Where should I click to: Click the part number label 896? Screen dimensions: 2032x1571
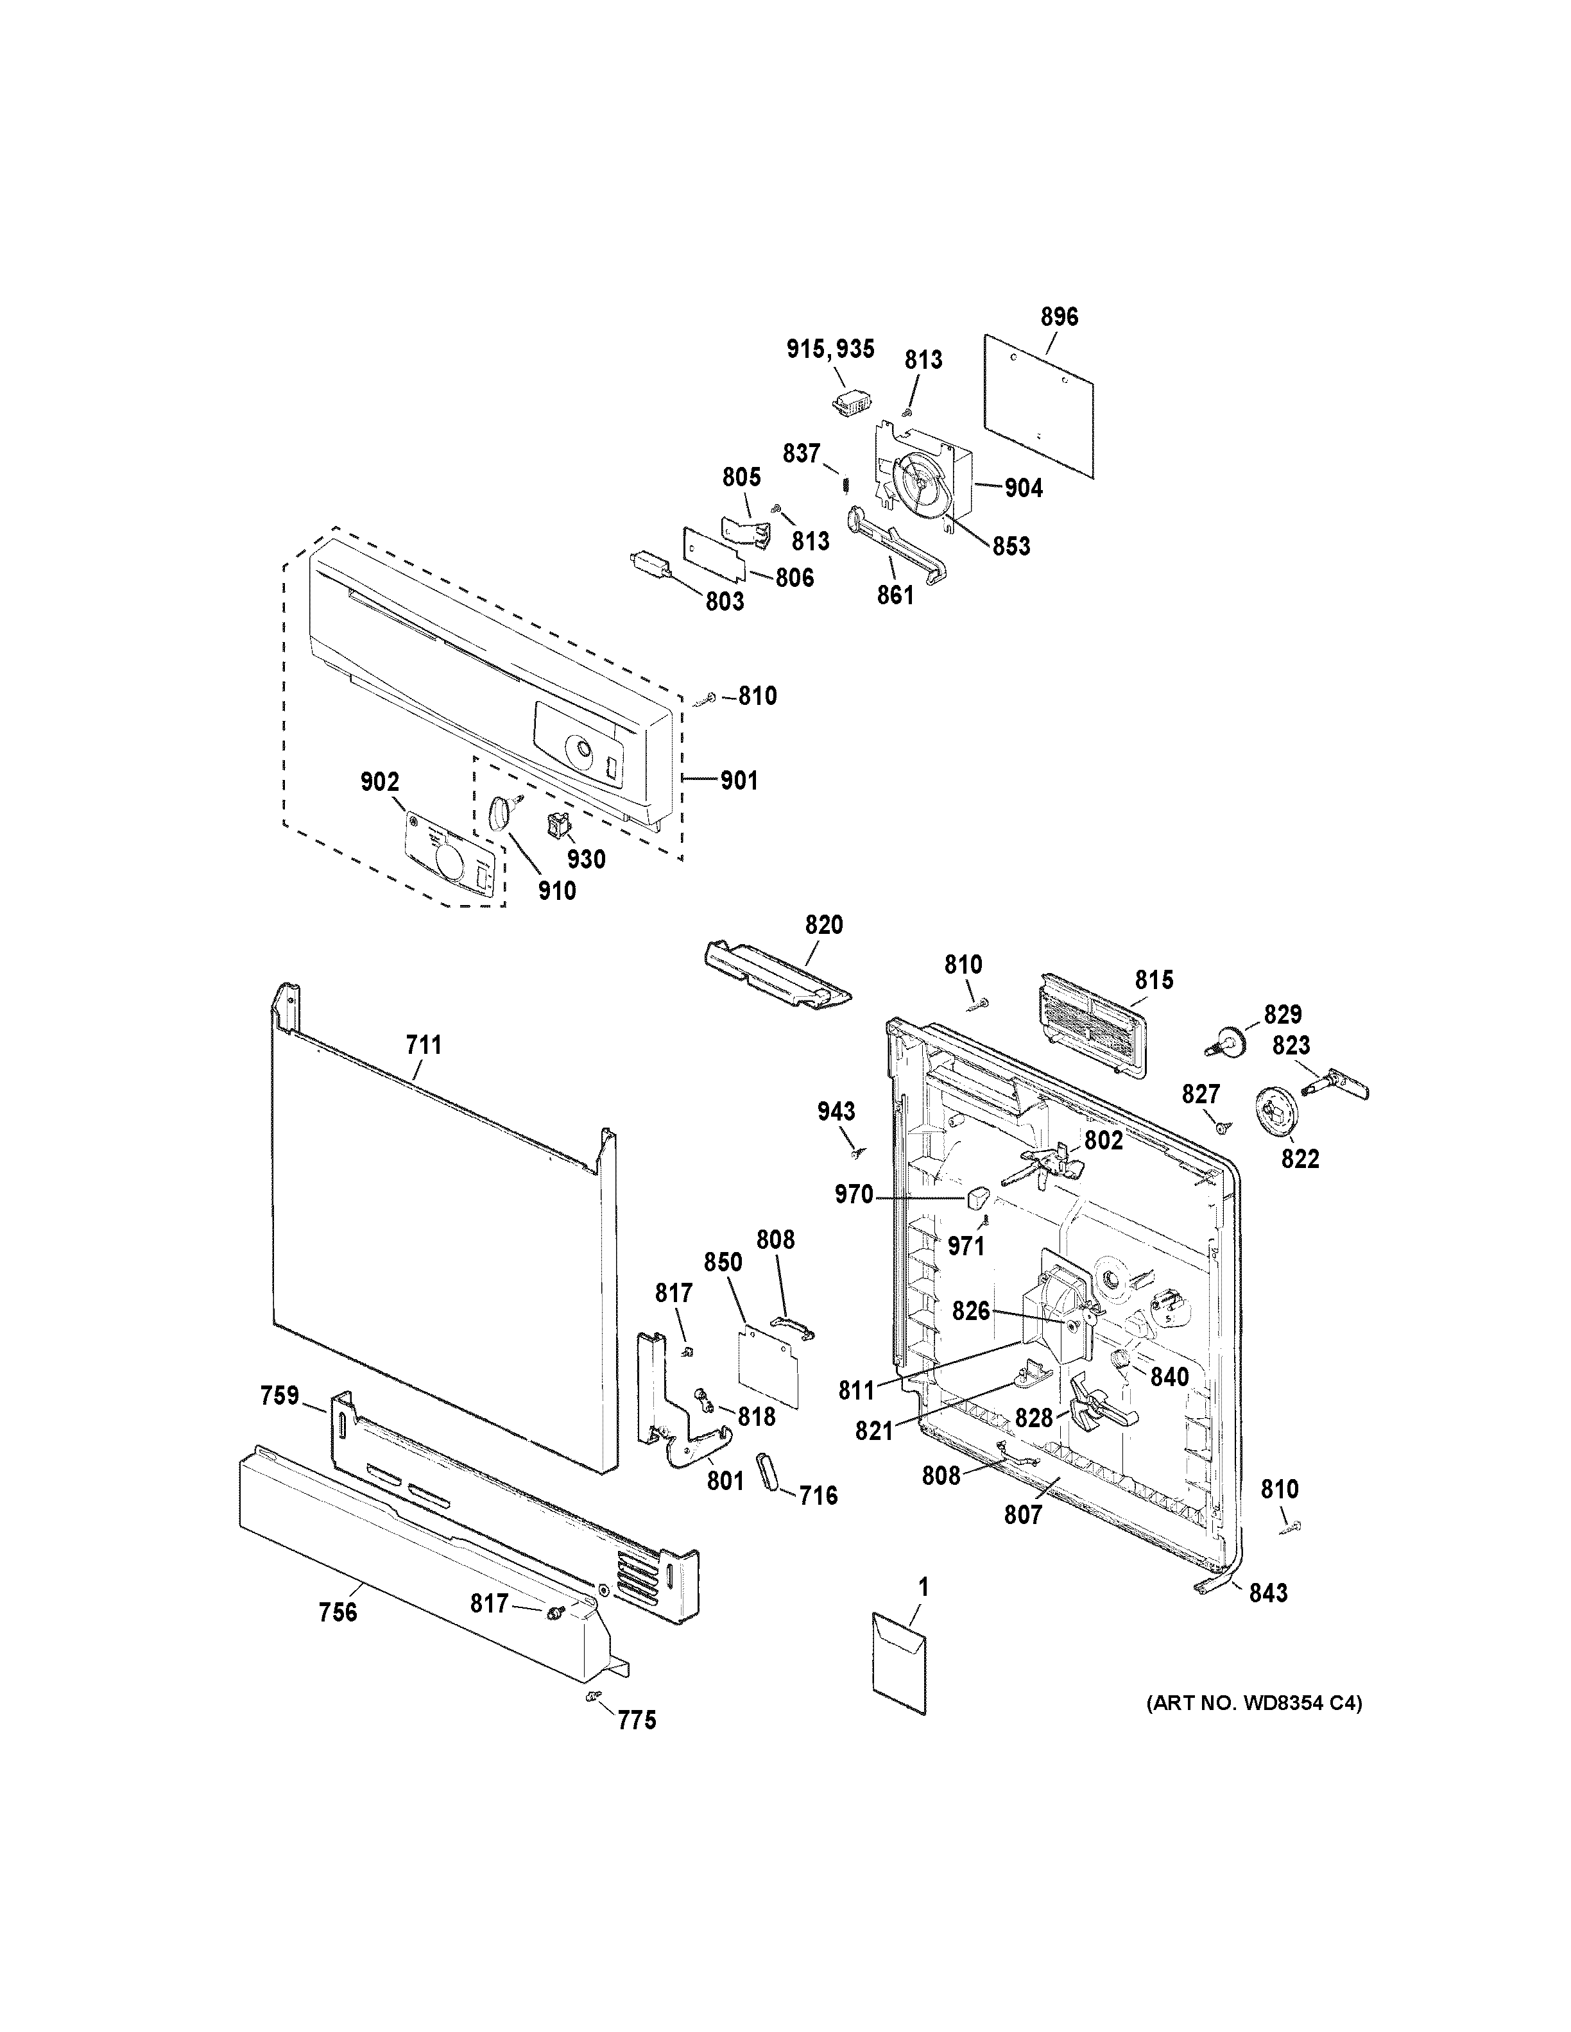pyautogui.click(x=1059, y=317)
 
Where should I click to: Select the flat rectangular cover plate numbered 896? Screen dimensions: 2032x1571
pyautogui.click(x=1040, y=409)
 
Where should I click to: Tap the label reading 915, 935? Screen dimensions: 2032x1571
pyautogui.click(x=830, y=349)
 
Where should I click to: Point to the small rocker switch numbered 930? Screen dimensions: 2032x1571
pyautogui.click(x=560, y=822)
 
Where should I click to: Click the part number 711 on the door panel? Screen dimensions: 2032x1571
pyautogui.click(x=424, y=1045)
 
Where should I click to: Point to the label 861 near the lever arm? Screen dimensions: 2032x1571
pyautogui.click(x=895, y=593)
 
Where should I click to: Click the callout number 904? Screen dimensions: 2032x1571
pyautogui.click(x=1023, y=487)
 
